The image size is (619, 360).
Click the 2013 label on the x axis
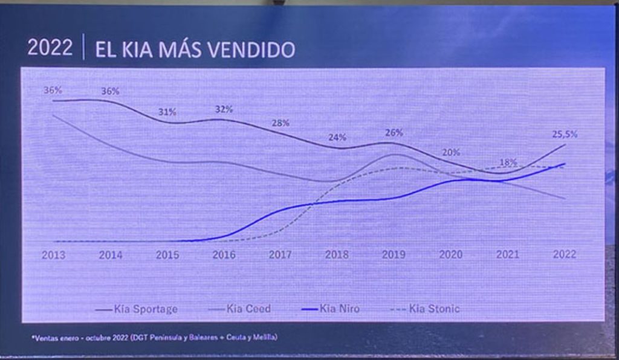click(53, 255)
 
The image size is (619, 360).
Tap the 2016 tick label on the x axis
click(224, 255)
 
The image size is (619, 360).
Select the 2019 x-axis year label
click(394, 255)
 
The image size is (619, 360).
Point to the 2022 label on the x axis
click(564, 255)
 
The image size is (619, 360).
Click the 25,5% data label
click(565, 135)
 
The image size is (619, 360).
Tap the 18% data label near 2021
click(508, 162)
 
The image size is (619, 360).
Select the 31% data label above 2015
click(167, 112)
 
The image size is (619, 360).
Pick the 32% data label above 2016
click(224, 109)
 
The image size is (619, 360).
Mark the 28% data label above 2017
click(281, 123)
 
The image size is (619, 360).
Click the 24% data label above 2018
click(337, 137)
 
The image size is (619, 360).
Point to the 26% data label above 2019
click(394, 132)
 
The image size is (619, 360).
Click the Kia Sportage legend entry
click(138, 309)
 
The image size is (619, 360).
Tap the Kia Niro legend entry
click(331, 309)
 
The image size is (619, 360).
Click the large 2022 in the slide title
click(50, 48)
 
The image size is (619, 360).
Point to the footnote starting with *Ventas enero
click(154, 337)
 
